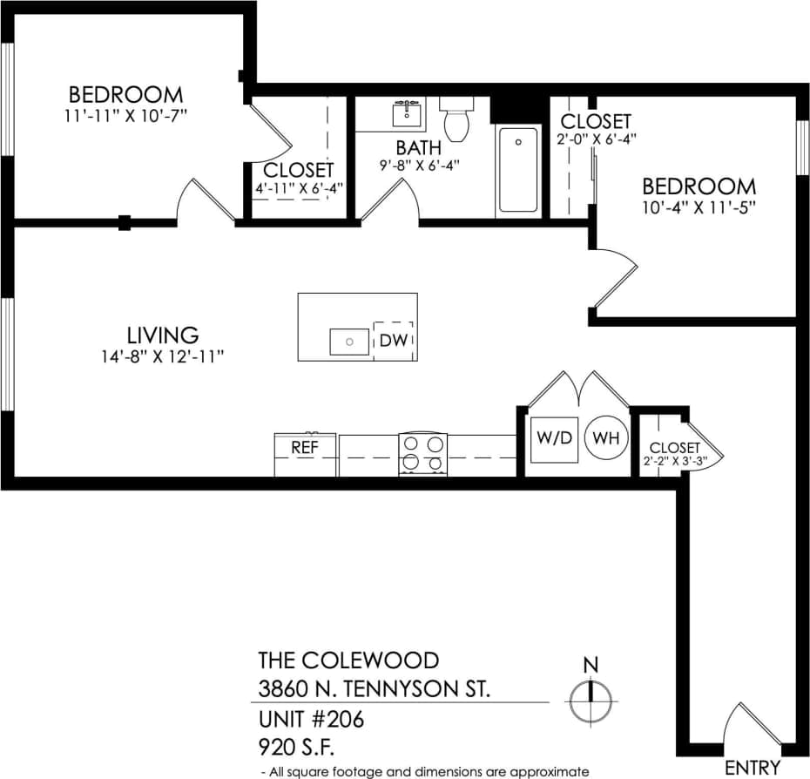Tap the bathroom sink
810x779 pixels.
(x=407, y=113)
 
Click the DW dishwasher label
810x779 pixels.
(x=394, y=340)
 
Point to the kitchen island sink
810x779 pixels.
(x=349, y=342)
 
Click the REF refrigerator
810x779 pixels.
(x=305, y=448)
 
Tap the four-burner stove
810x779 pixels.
(x=422, y=453)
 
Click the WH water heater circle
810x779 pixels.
(x=605, y=438)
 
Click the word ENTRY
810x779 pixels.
(x=753, y=768)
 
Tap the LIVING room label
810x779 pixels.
(x=163, y=335)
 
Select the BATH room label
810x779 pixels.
(x=419, y=147)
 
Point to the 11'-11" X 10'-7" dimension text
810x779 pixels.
(x=125, y=115)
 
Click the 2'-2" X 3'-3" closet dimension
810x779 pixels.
(x=672, y=463)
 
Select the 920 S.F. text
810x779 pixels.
(x=297, y=747)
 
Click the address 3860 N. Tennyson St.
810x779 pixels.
(x=375, y=689)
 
